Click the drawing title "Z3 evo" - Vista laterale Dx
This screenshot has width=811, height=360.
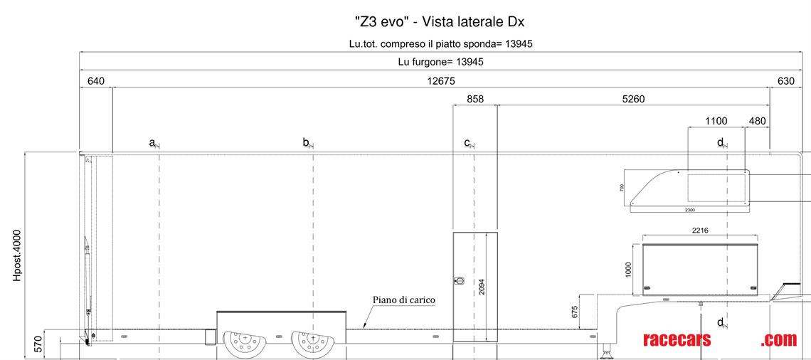pyautogui.click(x=439, y=21)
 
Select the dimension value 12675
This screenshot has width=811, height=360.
pyautogui.click(x=441, y=80)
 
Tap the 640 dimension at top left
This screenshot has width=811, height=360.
pyautogui.click(x=95, y=80)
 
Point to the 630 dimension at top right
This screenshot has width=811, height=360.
pyautogui.click(x=785, y=80)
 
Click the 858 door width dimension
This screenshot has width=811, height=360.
pyautogui.click(x=475, y=99)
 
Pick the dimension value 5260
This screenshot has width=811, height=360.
pyautogui.click(x=632, y=99)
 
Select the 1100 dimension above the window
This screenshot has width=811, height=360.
pyautogui.click(x=716, y=121)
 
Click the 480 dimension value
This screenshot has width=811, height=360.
pyautogui.click(x=757, y=121)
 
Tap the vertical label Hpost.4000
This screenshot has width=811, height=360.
pyautogui.click(x=17, y=254)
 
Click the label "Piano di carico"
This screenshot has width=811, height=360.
pyautogui.click(x=403, y=300)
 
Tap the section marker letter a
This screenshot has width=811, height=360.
pyautogui.click(x=152, y=142)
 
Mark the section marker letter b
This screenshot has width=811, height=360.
pyautogui.click(x=305, y=142)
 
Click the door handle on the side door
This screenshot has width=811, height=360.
pyautogui.click(x=459, y=280)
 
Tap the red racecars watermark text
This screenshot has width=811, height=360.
pyautogui.click(x=676, y=340)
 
